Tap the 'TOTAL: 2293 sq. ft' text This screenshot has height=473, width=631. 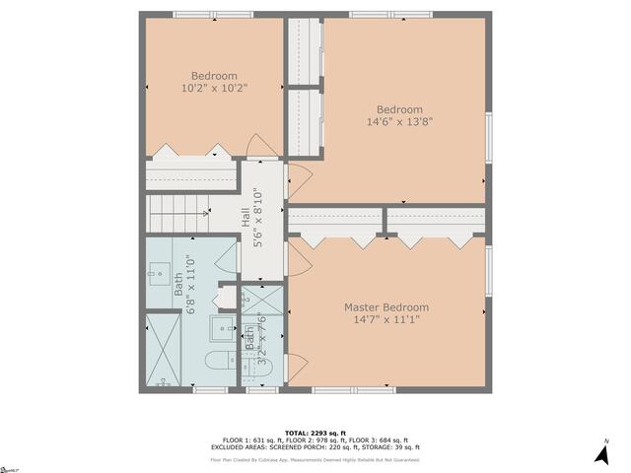click(x=315, y=433)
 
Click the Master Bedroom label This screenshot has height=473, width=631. click(x=386, y=307)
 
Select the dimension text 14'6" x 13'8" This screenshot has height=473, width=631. click(x=399, y=122)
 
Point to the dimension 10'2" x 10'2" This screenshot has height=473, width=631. click(x=214, y=89)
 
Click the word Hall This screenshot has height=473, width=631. click(x=246, y=217)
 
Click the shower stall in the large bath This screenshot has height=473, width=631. click(x=163, y=351)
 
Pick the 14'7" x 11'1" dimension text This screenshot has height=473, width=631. click(x=386, y=320)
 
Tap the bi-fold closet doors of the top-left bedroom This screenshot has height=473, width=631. click(x=190, y=150)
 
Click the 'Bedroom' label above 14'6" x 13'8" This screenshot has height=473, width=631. click(x=399, y=109)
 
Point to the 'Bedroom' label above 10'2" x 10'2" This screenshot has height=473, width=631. click(x=214, y=76)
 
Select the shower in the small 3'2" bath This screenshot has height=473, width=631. click(x=261, y=298)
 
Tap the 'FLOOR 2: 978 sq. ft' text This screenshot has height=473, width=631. click(x=315, y=440)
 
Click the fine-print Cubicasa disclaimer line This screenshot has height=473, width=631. click(x=315, y=459)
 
